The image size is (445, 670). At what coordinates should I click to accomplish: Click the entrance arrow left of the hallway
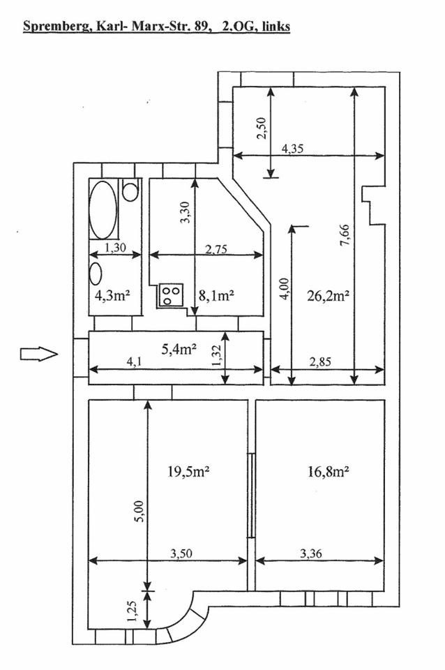point(38,355)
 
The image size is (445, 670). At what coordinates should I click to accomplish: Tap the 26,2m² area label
point(327,295)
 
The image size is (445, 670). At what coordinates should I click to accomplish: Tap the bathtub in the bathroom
point(103,210)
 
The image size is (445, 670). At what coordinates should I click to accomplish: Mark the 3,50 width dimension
point(181,553)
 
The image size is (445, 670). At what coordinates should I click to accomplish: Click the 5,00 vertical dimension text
point(138,512)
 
